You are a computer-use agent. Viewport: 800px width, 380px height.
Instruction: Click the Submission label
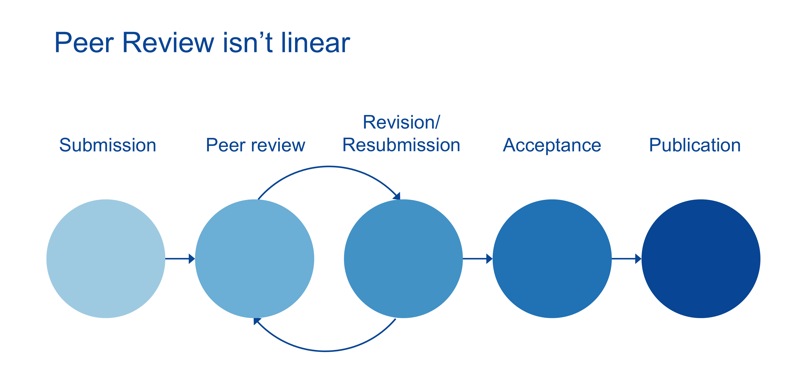pyautogui.click(x=108, y=145)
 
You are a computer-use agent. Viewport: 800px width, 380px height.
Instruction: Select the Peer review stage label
pyautogui.click(x=255, y=145)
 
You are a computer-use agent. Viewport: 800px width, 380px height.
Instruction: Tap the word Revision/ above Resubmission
pyautogui.click(x=401, y=122)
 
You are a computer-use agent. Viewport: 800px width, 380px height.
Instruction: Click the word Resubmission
pyautogui.click(x=401, y=145)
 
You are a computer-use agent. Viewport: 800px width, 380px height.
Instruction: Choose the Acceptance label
pyautogui.click(x=552, y=145)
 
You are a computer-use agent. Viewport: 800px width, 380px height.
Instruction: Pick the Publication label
pyautogui.click(x=695, y=145)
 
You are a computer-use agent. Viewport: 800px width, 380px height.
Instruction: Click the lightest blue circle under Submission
pyautogui.click(x=106, y=259)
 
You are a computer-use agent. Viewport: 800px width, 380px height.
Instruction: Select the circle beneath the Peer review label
pyautogui.click(x=255, y=259)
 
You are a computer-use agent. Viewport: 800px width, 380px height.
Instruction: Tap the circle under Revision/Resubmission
pyautogui.click(x=403, y=259)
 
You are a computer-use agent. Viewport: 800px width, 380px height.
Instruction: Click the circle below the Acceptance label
pyautogui.click(x=552, y=259)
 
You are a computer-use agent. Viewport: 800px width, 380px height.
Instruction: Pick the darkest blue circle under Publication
pyautogui.click(x=701, y=259)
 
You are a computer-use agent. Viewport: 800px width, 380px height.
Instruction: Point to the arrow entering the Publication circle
pyautogui.click(x=627, y=258)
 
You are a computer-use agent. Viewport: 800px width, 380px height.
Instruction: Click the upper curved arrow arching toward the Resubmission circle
pyautogui.click(x=329, y=167)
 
